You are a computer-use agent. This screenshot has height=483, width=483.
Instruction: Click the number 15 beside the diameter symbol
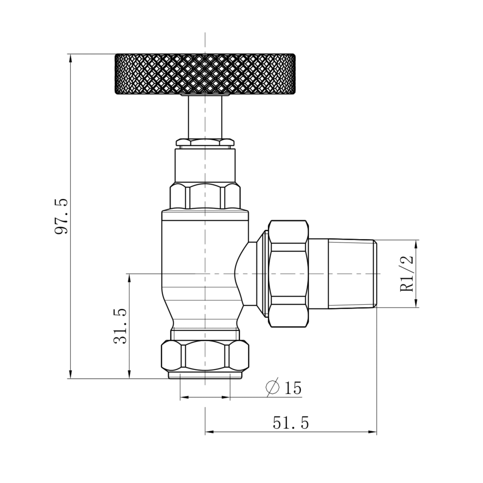click(293, 388)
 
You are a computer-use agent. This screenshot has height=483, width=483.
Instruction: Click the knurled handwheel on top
click(205, 74)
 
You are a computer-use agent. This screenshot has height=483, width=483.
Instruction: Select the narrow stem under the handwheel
click(205, 117)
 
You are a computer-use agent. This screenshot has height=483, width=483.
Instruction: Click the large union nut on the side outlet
click(288, 274)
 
